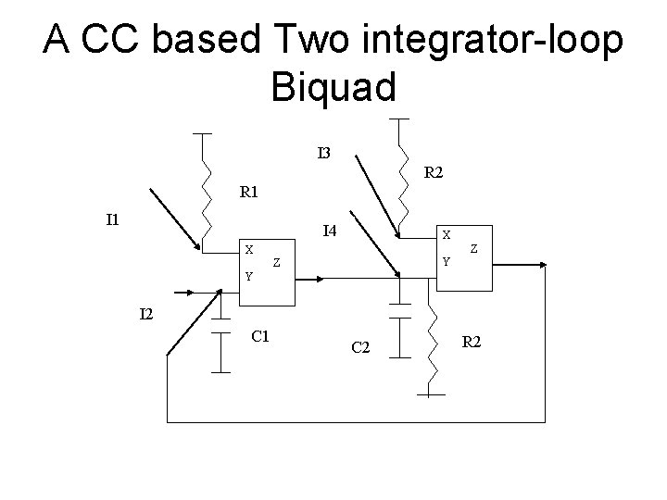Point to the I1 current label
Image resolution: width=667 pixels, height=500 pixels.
(x=113, y=219)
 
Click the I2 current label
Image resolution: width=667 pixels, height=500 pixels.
(x=146, y=315)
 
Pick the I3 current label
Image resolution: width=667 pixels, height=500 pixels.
(x=324, y=152)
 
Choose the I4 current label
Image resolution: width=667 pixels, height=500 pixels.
(x=329, y=231)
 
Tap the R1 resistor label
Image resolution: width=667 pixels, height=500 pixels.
(x=249, y=194)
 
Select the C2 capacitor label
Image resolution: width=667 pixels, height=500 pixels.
(x=361, y=347)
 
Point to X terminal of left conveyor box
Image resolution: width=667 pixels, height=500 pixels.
(x=248, y=249)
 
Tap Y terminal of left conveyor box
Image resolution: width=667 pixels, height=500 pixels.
(x=247, y=276)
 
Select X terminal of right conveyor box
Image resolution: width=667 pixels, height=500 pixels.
(x=447, y=234)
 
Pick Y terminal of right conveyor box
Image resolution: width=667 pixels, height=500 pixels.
(x=446, y=261)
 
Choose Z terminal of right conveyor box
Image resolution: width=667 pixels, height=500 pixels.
(x=474, y=248)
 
